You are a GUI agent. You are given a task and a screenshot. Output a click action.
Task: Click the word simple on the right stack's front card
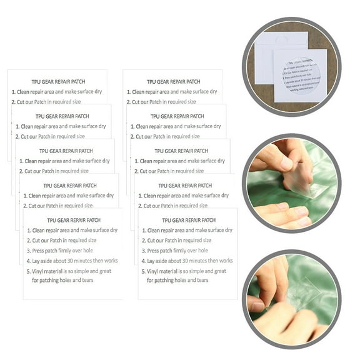[x=201, y=271]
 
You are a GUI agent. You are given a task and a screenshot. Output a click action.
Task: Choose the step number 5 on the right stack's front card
[x=142, y=271]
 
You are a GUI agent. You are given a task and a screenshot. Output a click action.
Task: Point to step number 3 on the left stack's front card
[x=27, y=251]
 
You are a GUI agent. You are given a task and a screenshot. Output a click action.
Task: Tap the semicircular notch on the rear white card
[x=281, y=39]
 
